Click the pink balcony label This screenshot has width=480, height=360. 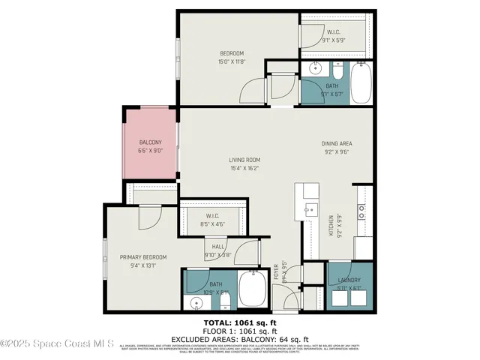pos(151,146)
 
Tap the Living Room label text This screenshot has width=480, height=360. pos(244,163)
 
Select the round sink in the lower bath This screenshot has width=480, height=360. pos(196,303)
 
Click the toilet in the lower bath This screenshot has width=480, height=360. pos(225,302)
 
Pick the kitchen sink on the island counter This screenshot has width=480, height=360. pos(311,210)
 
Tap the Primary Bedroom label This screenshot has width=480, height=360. pos(142,261)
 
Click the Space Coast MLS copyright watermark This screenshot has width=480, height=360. pos(57,344)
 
